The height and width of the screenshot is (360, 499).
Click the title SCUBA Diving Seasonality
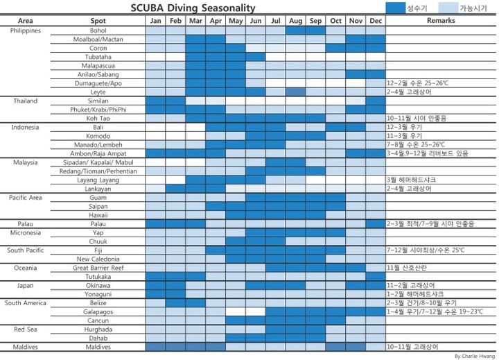pyautogui.click(x=193, y=8)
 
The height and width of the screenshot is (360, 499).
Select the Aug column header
pyautogui.click(x=296, y=21)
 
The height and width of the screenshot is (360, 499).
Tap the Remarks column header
pyautogui.click(x=441, y=20)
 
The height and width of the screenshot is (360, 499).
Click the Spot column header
pyautogui.click(x=98, y=21)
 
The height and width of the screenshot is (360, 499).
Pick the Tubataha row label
pyautogui.click(x=98, y=57)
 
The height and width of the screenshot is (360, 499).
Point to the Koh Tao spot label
pyautogui.click(x=98, y=119)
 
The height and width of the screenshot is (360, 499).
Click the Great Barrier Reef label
pyautogui.click(x=98, y=268)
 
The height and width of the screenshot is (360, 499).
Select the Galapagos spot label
pyautogui.click(x=98, y=312)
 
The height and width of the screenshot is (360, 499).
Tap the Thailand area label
pyautogui.click(x=25, y=101)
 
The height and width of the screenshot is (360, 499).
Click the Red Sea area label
pyautogui.click(x=25, y=329)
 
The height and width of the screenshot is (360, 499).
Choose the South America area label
pyautogui.click(x=25, y=303)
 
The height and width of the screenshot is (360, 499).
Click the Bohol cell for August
pyautogui.click(x=296, y=31)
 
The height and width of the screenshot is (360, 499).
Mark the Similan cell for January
pyautogui.click(x=155, y=101)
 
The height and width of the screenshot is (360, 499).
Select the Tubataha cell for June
pyautogui.click(x=256, y=57)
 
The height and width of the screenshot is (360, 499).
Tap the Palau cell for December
pyautogui.click(x=376, y=224)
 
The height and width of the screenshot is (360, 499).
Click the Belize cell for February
pyautogui.click(x=175, y=303)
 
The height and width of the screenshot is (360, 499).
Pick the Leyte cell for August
pyautogui.click(x=296, y=92)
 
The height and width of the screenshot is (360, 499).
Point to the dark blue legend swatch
pyautogui.click(x=396, y=8)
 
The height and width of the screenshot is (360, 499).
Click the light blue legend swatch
pyautogui.click(x=448, y=8)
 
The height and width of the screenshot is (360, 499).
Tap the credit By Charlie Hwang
pyautogui.click(x=475, y=356)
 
